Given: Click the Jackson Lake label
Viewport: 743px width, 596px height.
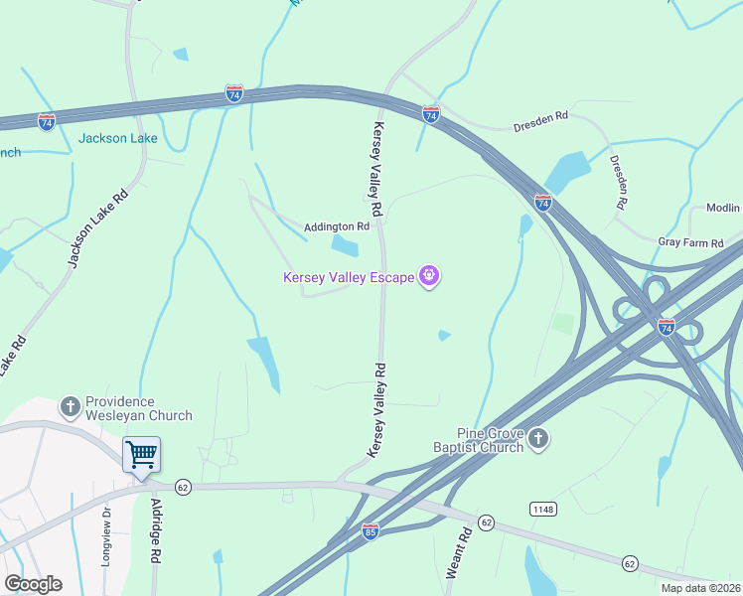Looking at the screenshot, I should [117, 138].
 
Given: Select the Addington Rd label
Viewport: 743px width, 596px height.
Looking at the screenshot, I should [337, 226].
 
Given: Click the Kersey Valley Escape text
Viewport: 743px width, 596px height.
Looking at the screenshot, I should [349, 277].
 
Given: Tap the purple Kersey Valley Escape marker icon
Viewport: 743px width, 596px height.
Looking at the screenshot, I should [429, 275].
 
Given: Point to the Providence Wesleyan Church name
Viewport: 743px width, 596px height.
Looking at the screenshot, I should [138, 408].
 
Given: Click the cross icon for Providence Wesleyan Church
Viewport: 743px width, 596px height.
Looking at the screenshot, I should [71, 406].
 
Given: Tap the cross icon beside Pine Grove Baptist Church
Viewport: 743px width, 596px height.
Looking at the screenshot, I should [538, 438].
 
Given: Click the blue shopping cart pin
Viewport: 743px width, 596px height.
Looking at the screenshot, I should [141, 455].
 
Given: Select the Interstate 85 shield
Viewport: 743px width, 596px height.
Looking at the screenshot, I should [370, 531].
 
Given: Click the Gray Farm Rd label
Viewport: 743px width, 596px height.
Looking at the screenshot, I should [686, 241].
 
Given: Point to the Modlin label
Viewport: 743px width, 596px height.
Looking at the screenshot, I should [723, 208].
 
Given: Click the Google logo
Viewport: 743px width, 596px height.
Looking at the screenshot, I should [33, 584].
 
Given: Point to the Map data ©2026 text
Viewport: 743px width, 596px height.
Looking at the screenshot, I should [700, 588].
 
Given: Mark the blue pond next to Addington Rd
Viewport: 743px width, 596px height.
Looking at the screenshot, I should [344, 245].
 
